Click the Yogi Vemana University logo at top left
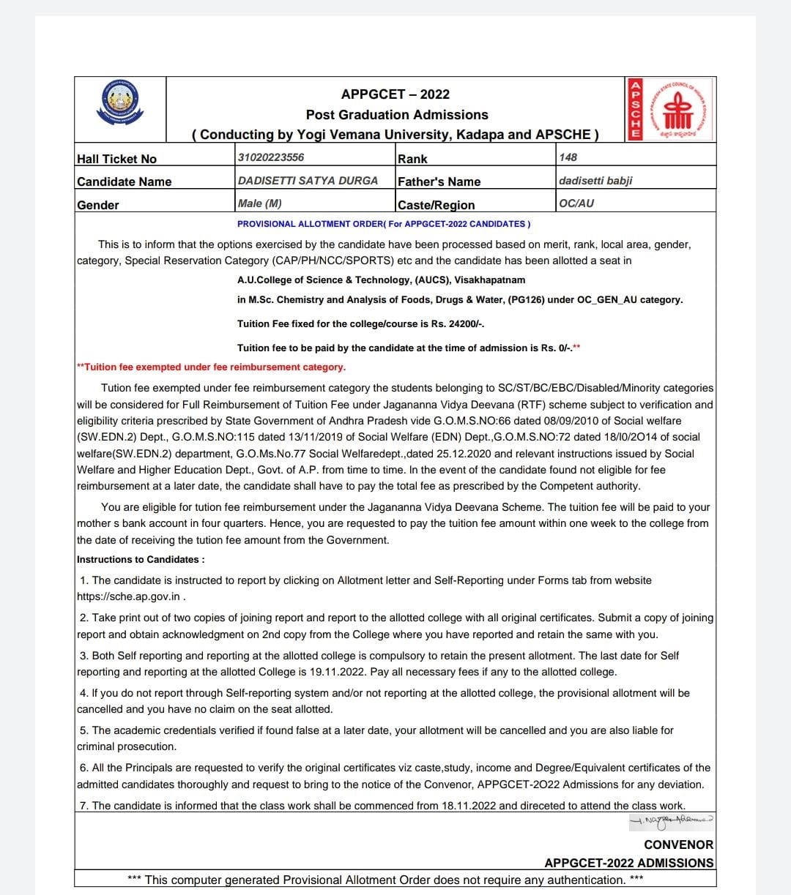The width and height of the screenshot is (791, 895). (121, 102)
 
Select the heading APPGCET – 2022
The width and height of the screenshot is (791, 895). (395, 94)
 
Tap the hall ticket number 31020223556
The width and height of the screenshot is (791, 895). (271, 157)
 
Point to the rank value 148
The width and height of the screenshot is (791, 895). (568, 157)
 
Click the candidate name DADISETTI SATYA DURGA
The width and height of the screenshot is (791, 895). (308, 180)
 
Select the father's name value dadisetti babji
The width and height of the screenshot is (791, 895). (595, 180)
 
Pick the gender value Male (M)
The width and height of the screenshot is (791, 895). (259, 203)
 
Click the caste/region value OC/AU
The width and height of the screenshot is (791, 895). (576, 203)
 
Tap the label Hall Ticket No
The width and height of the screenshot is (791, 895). (116, 159)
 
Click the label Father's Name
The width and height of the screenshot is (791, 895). (439, 181)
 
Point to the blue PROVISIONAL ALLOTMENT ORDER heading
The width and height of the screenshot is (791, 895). (384, 224)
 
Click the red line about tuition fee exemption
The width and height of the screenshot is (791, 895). (211, 367)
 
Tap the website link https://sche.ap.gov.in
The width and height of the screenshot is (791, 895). (128, 596)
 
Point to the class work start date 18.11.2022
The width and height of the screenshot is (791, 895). (469, 806)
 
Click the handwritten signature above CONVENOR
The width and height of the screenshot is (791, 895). (670, 823)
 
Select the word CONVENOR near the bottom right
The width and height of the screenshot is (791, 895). (678, 845)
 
